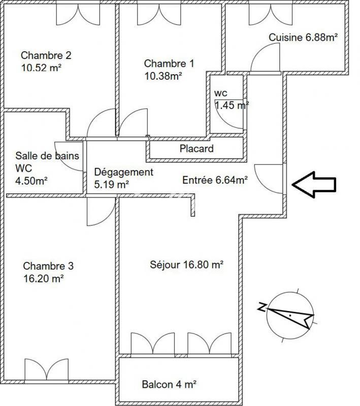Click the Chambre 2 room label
click(46, 55)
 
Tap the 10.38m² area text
click(163, 76)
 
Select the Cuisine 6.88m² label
click(303, 37)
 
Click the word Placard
click(197, 149)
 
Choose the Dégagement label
click(123, 172)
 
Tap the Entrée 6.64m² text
click(215, 179)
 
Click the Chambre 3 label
click(48, 266)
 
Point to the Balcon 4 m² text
click(170, 385)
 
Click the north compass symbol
click(287, 315)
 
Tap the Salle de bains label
click(47, 156)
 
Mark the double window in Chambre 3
click(46, 370)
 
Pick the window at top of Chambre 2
click(78, 12)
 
